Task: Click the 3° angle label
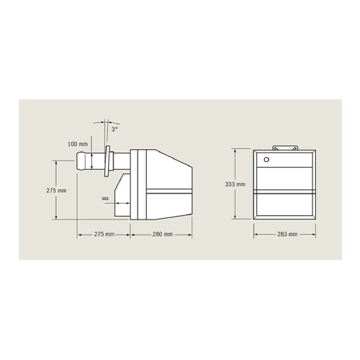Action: pyautogui.click(x=114, y=129)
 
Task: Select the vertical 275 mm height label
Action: pyautogui.click(x=56, y=190)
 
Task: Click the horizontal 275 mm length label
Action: pyautogui.click(x=104, y=235)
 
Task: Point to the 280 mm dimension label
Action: pyautogui.click(x=162, y=235)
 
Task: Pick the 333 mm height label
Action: pyautogui.click(x=235, y=184)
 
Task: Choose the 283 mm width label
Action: pyautogui.click(x=287, y=235)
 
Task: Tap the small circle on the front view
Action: pyautogui.click(x=266, y=159)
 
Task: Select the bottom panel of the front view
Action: pyautogui.click(x=287, y=205)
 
